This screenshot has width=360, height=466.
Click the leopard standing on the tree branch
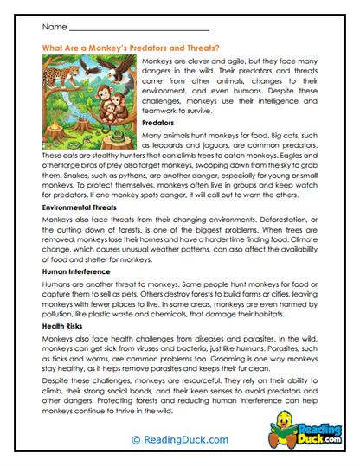click(66, 70)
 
